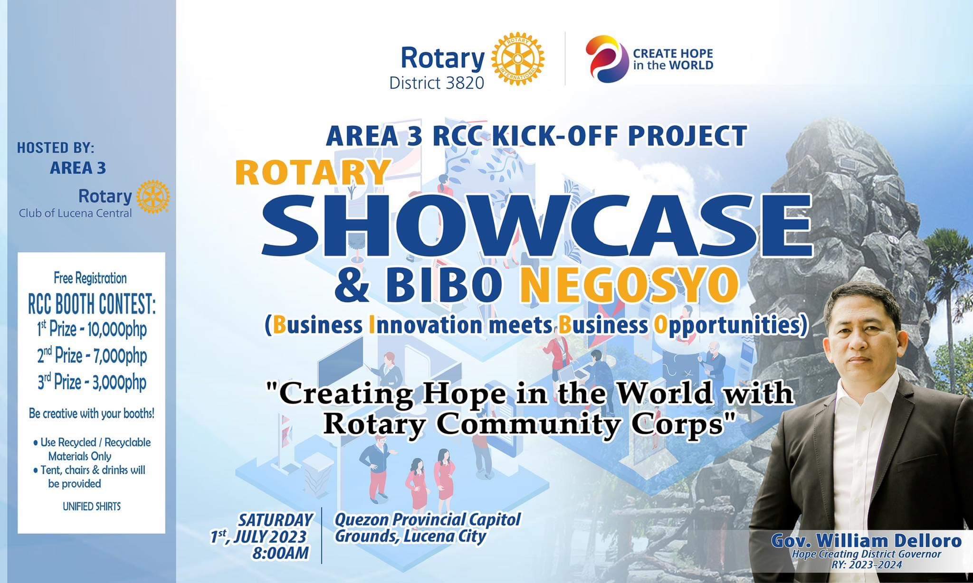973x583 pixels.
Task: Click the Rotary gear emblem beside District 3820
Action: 518,59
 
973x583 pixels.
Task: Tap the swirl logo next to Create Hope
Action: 605,59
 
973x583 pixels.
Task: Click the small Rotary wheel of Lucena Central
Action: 153,197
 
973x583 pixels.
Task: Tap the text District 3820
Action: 437,83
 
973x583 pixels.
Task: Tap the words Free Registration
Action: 90,278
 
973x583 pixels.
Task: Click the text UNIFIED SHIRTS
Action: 92,507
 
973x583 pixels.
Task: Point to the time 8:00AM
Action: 281,554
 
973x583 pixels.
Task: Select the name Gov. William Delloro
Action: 867,541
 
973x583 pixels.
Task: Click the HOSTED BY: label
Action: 56,148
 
